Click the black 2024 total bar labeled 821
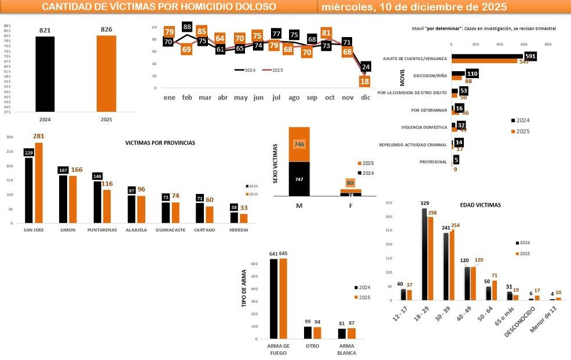[45, 74]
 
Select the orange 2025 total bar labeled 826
[106, 74]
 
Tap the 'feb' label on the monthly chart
[187, 98]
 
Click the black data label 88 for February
[187, 27]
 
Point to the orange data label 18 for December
[365, 82]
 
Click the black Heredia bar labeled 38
[234, 217]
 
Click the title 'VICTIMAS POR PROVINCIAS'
[160, 142]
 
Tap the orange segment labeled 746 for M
[299, 144]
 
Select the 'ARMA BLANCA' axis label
[347, 350]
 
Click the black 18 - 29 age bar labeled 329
[424, 255]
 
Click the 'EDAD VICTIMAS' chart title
[480, 205]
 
